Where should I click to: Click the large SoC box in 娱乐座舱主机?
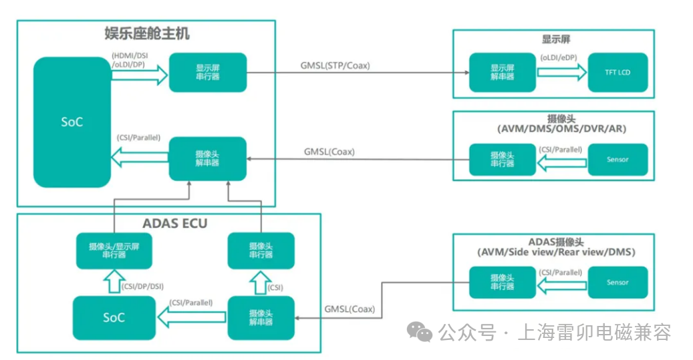pos(72,122)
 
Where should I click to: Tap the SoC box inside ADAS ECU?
pos(114,317)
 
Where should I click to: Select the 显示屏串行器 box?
pos(208,72)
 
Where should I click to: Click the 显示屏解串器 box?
pos(502,72)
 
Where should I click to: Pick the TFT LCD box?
pos(617,72)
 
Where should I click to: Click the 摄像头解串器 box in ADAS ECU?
pos(261,317)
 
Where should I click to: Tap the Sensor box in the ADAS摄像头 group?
pos(617,283)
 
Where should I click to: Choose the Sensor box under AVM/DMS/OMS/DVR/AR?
pos(617,160)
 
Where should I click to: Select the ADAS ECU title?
pos(175,224)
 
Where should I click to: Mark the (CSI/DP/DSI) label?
pos(142,287)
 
